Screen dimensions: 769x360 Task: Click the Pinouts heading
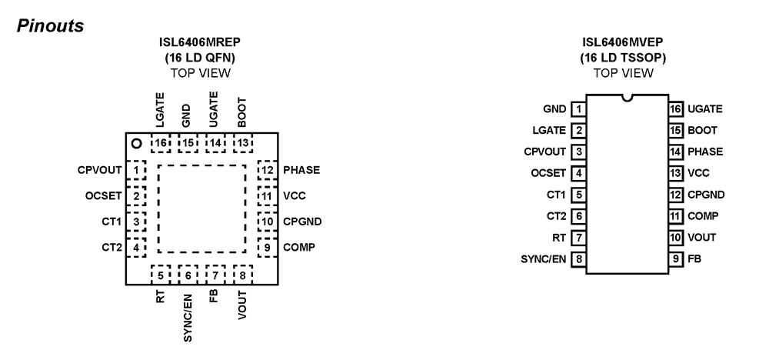(51, 26)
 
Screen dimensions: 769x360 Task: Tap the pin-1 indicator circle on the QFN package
(137, 144)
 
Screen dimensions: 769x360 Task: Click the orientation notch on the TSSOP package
(627, 98)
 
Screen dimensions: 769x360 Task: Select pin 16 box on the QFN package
(161, 143)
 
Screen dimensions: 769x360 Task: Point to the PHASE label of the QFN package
(301, 170)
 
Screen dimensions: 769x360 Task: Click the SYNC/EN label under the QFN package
(188, 318)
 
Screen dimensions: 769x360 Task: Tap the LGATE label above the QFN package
(160, 110)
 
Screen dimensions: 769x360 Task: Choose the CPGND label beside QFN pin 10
(302, 222)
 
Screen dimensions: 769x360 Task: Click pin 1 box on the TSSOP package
(579, 109)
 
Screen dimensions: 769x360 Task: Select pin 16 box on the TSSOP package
(676, 109)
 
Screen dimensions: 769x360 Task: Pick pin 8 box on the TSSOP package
(579, 259)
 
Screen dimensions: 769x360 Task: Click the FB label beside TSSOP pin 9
(694, 259)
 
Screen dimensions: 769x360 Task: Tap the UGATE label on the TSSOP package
(705, 109)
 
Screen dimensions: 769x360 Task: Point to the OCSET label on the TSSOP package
(548, 173)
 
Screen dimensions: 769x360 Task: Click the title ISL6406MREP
(200, 42)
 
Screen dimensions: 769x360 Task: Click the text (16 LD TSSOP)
(624, 58)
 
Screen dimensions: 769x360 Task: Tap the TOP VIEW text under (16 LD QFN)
(200, 73)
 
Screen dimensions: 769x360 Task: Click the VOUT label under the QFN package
(242, 305)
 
